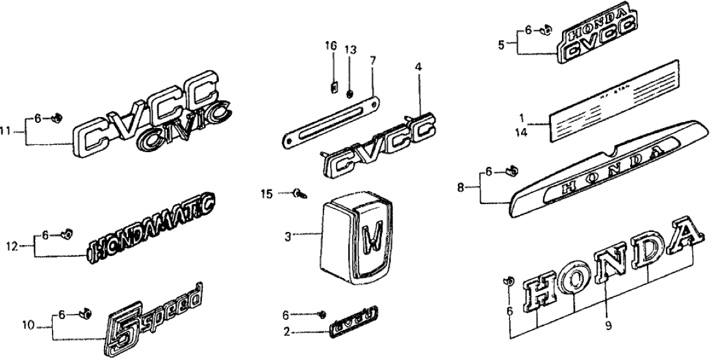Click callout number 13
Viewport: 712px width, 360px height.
tap(350, 50)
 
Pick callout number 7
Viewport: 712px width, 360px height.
tap(372, 60)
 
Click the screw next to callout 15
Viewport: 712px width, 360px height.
tap(299, 193)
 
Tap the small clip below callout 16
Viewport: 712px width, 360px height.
tap(333, 86)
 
